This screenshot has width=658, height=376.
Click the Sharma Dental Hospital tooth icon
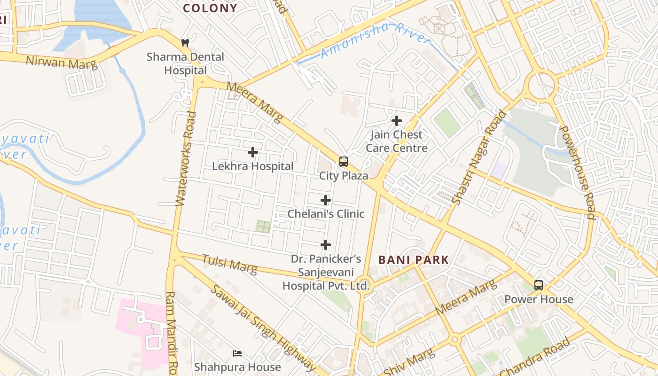(185, 43)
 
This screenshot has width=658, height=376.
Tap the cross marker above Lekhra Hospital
(253, 152)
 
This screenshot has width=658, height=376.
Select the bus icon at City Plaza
(344, 162)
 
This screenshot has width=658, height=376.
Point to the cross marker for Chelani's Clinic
(326, 201)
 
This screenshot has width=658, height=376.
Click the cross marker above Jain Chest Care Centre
(397, 121)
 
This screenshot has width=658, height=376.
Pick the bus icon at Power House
(539, 285)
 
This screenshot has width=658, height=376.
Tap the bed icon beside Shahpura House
(237, 353)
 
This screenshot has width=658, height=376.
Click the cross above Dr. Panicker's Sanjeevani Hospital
(326, 245)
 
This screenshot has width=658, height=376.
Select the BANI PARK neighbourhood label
(414, 259)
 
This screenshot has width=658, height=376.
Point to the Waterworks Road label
(185, 158)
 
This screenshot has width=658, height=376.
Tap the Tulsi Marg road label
(230, 264)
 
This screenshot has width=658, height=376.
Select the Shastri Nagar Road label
(480, 157)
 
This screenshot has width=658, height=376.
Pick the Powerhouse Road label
(579, 172)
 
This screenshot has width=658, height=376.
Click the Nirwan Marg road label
(61, 62)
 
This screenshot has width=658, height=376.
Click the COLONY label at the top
(210, 8)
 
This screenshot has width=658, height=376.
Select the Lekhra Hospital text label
(253, 166)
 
